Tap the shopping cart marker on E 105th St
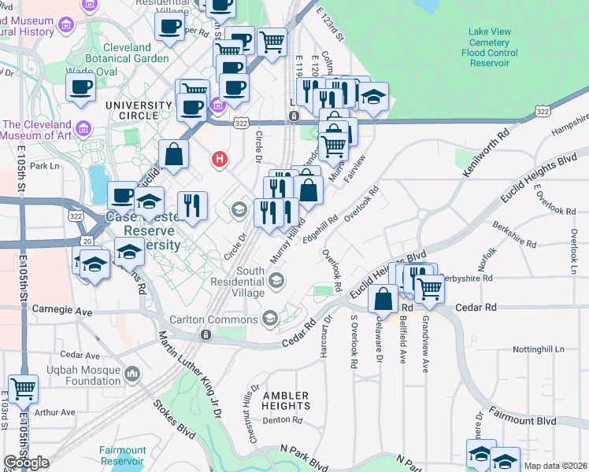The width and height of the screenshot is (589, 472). (x=22, y=388)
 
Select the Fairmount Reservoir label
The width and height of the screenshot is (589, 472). (x=122, y=456)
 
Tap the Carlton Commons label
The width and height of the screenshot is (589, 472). (x=213, y=319)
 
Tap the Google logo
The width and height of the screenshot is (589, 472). (x=26, y=463)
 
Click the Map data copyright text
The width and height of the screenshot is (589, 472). (x=555, y=466)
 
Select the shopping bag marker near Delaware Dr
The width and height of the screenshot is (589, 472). (x=383, y=299)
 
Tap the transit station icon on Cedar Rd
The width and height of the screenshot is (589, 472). (x=206, y=335)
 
